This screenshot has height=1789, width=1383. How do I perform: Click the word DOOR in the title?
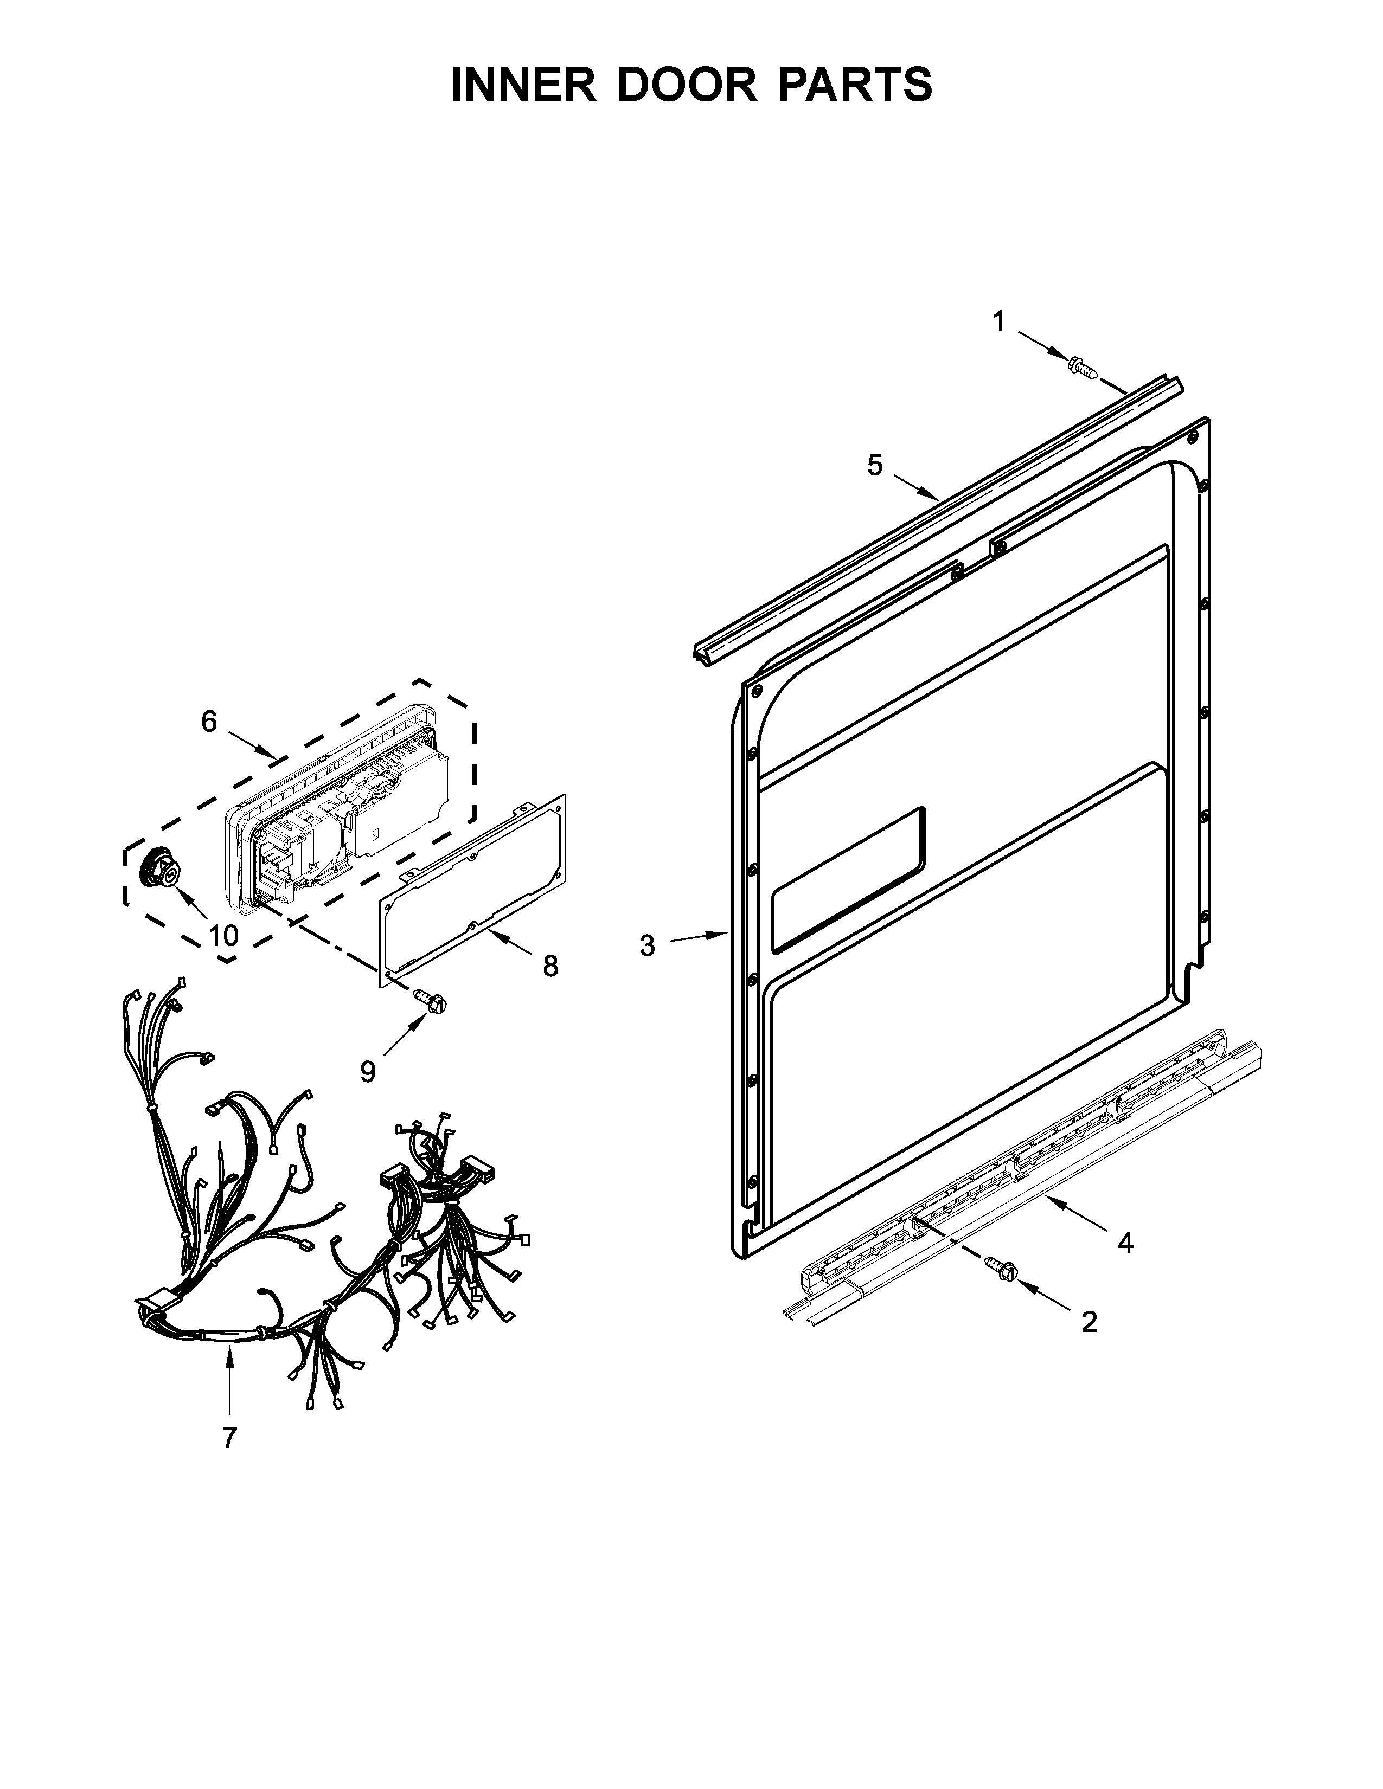click(687, 85)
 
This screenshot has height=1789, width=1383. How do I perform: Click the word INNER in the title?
click(523, 85)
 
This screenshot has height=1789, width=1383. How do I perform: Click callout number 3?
click(647, 945)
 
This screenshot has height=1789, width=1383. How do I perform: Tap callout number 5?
click(875, 465)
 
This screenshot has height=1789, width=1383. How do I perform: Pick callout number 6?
click(210, 722)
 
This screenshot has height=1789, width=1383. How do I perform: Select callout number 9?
click(368, 1071)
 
